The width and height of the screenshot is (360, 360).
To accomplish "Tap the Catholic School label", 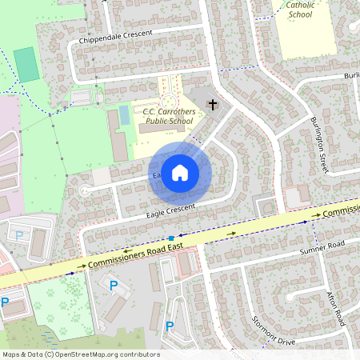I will [x=301, y=9].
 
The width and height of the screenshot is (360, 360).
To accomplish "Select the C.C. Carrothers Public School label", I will [x=167, y=116].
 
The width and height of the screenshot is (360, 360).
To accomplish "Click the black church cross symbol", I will [x=213, y=104].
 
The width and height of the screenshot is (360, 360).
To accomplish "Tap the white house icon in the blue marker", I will [x=180, y=171].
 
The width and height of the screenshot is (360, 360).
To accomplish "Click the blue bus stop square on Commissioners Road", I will [x=171, y=238].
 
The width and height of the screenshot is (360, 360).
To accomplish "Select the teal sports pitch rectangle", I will [x=26, y=64].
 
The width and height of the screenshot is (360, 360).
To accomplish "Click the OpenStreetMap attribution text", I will [x=80, y=354].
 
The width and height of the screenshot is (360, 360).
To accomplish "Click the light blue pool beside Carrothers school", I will [x=124, y=115].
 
